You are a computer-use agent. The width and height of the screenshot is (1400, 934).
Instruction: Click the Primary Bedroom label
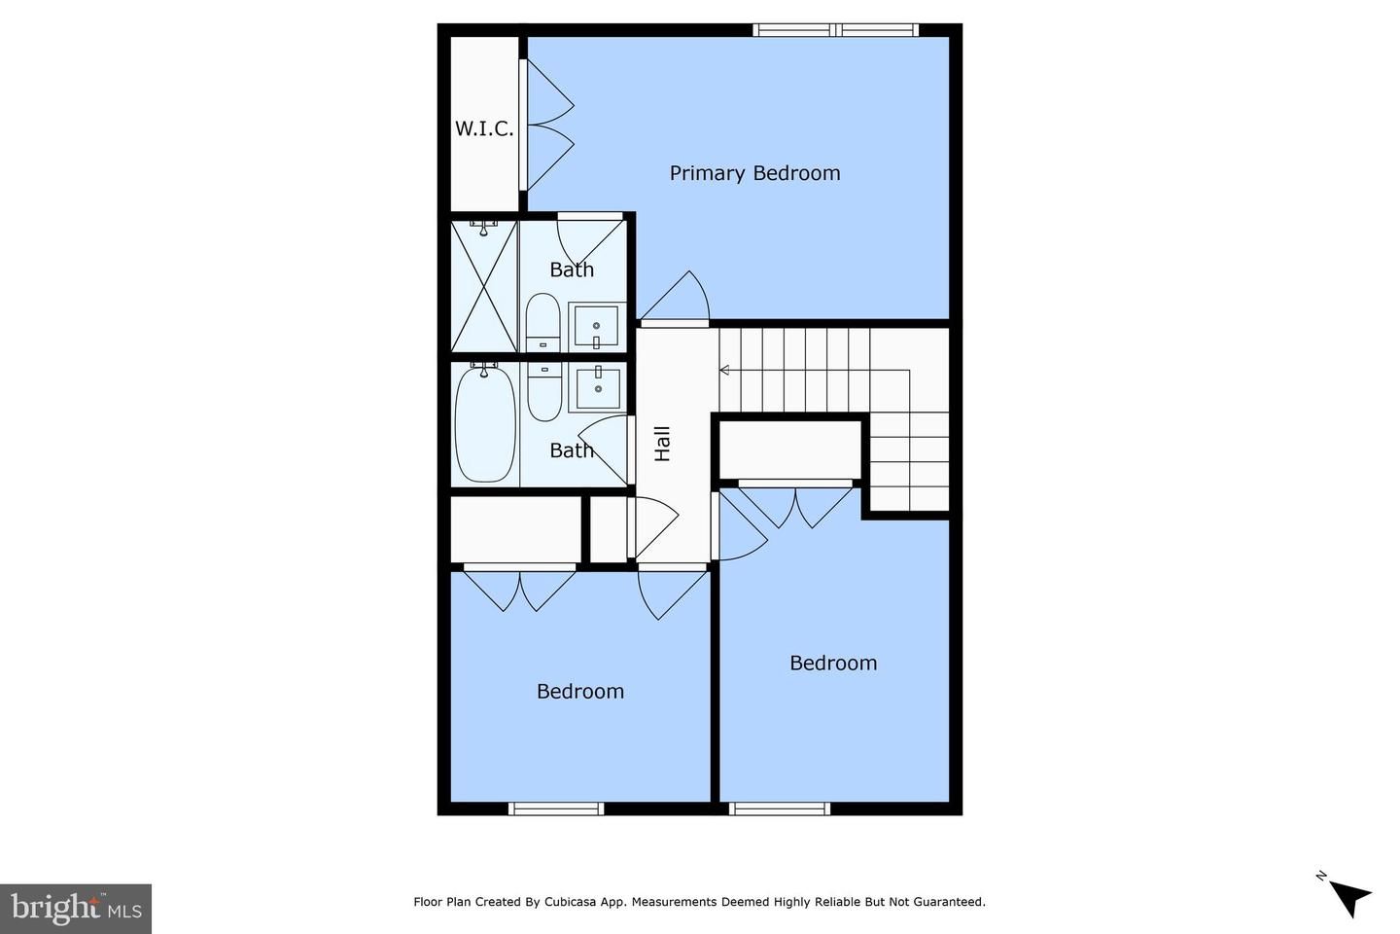754,173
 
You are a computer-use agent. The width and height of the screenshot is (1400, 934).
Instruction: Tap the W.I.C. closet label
484,128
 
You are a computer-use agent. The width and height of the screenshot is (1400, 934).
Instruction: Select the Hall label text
663,444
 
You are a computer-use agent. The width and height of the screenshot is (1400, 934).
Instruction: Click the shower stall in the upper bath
484,286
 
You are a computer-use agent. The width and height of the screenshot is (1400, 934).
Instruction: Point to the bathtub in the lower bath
485,423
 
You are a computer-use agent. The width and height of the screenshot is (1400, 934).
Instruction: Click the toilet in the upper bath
542,321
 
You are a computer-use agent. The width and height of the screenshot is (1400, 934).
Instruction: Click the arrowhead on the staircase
724,370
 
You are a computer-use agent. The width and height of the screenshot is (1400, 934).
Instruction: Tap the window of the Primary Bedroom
836,30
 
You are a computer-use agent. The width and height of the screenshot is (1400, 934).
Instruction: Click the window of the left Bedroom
556,808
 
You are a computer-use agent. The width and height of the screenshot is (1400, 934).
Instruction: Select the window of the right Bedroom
780,808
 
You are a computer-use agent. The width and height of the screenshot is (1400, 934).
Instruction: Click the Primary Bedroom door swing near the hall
681,297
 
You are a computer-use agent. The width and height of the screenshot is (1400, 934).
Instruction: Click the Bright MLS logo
76,909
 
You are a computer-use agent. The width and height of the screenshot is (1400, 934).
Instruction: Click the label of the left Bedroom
580,692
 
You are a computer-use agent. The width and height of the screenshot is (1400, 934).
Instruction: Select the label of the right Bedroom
833,664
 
